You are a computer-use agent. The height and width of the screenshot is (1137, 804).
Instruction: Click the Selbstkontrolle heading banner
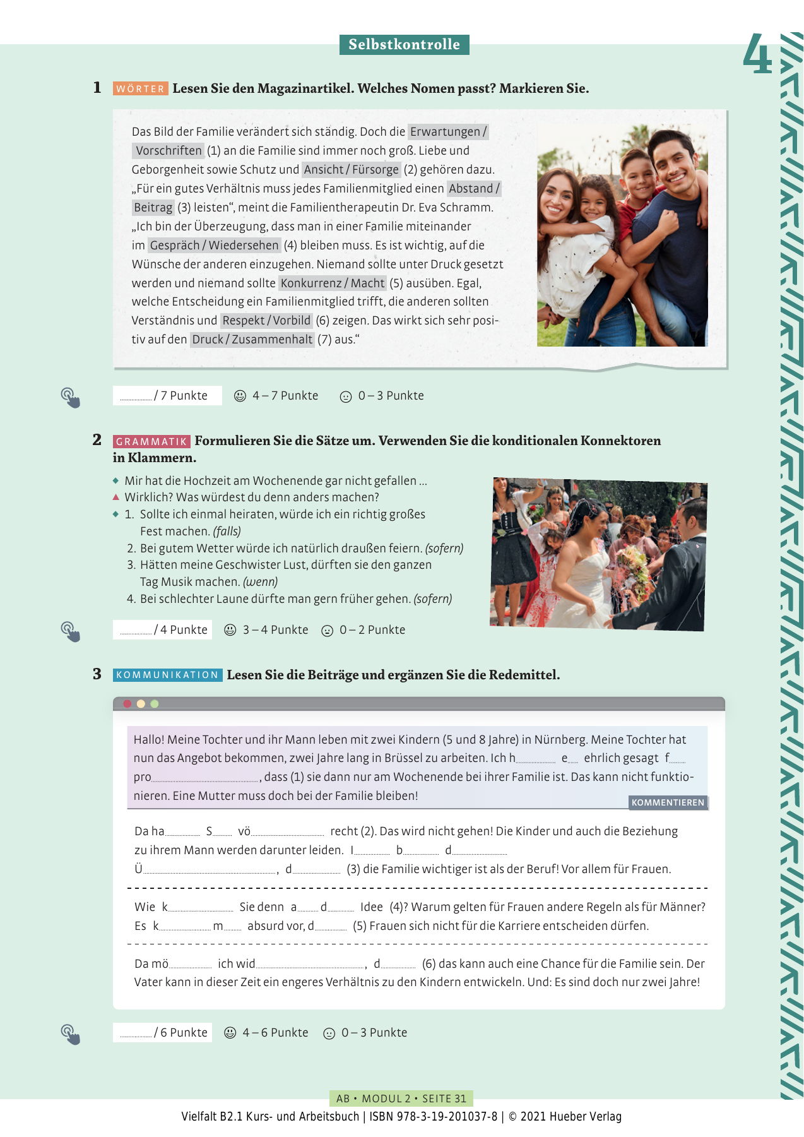point(404,44)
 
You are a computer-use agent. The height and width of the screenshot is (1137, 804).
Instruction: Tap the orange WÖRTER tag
point(140,89)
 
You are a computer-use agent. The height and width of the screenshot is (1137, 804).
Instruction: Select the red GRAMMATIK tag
point(151,441)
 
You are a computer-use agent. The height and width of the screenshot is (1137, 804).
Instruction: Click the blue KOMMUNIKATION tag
point(167,675)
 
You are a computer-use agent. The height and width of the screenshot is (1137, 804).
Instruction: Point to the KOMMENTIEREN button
point(668,802)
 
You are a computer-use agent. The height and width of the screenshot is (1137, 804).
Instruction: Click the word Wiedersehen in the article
point(244,245)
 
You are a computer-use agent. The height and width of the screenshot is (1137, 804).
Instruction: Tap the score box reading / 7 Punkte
point(167,395)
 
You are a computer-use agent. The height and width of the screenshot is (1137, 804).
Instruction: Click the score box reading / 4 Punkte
point(162,629)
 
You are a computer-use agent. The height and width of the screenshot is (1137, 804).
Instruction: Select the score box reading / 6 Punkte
point(162,1032)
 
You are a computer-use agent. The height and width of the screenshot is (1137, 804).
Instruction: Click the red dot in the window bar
point(127,703)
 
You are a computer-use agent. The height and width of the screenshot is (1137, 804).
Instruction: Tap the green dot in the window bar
point(155,703)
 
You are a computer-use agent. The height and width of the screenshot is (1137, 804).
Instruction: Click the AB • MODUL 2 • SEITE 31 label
point(401,1098)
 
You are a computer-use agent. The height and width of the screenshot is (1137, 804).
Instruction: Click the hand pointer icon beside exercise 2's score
point(70,631)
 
